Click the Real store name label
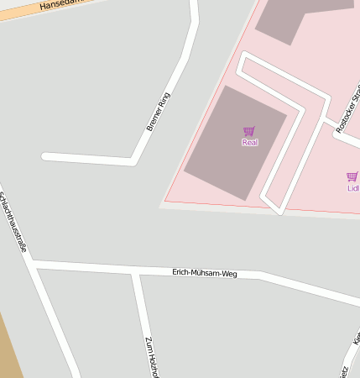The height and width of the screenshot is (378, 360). click(x=249, y=143)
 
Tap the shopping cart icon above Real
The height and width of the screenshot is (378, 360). click(x=249, y=131)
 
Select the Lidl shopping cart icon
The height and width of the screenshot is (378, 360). click(x=352, y=176)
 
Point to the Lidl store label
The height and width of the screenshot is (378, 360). click(x=353, y=188)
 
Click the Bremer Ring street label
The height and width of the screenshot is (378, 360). click(x=158, y=112)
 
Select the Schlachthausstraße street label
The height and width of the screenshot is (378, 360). click(x=13, y=222)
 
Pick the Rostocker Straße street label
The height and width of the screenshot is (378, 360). click(x=347, y=109)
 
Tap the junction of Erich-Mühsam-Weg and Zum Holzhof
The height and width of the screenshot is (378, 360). click(x=134, y=271)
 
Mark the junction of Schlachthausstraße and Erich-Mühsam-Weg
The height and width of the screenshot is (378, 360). click(x=33, y=265)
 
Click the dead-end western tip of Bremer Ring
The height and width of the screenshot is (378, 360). click(x=45, y=156)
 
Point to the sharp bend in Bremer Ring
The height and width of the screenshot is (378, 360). click(x=133, y=159)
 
